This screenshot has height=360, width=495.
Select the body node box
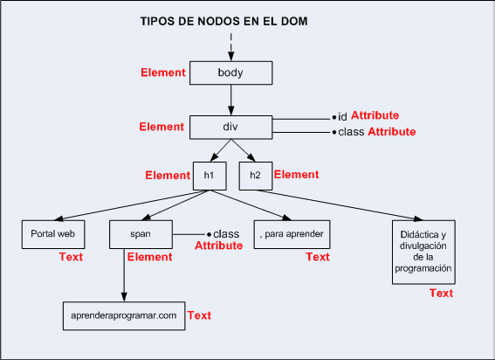(x=230, y=73)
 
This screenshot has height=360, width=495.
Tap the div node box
(x=230, y=128)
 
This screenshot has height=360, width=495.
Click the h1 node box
(x=210, y=176)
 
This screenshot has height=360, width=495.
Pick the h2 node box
(x=255, y=176)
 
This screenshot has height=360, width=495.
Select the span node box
(x=141, y=235)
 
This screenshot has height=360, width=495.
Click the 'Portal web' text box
(x=52, y=235)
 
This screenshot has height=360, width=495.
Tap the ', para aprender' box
(x=292, y=235)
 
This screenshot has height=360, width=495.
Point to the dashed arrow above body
(x=230, y=44)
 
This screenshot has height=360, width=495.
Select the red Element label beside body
(x=163, y=73)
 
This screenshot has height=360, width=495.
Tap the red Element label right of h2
(x=297, y=175)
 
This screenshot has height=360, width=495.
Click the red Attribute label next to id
(x=375, y=115)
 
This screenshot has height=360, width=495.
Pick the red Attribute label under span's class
(x=218, y=246)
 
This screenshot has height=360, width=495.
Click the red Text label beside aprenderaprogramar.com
(x=200, y=315)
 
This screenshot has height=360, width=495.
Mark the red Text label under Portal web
(x=71, y=257)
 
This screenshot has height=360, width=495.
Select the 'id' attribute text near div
(x=342, y=116)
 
